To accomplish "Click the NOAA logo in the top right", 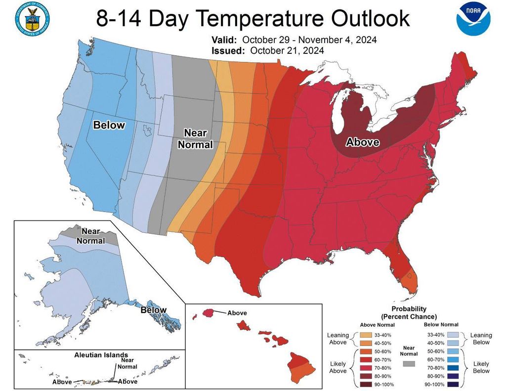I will point(473,19).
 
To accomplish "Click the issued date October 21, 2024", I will point(287,50).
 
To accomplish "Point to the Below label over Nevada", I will point(109,125).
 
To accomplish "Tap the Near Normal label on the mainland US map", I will point(195,139).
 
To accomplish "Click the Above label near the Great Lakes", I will point(362,142).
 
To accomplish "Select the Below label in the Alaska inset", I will point(153,310).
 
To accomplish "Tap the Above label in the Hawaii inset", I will point(237,313).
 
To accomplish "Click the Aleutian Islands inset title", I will point(101,355).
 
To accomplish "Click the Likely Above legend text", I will point(337,367).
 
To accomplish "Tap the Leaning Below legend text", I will point(480,338).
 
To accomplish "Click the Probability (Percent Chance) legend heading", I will point(408,312).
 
